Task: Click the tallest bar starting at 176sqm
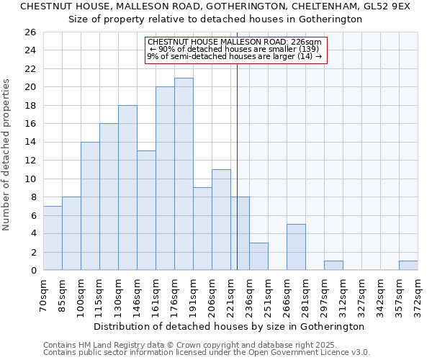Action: [184, 174]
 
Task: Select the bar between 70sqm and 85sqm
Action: [53, 238]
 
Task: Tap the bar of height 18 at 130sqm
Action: [127, 188]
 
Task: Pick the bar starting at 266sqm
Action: [296, 247]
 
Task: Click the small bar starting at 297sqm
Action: [333, 266]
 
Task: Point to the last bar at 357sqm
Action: [408, 266]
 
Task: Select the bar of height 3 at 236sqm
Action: [258, 256]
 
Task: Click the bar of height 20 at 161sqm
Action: [165, 179]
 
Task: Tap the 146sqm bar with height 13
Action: [146, 211]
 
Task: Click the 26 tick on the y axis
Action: [30, 32]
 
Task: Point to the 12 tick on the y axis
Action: [30, 161]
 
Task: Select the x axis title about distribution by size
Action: [230, 326]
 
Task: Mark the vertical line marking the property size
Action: [238, 166]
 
